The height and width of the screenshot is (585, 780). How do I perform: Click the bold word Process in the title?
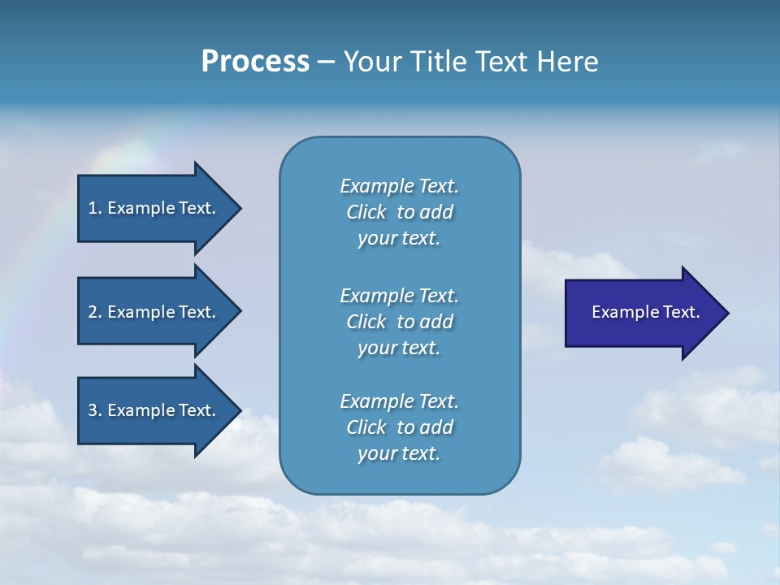point(255,62)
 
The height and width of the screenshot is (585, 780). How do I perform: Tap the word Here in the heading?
point(567,62)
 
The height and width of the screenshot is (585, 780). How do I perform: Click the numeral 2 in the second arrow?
point(92,312)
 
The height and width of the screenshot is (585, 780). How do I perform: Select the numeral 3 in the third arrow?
point(92,410)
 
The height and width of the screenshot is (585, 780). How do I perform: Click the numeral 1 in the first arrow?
point(92,208)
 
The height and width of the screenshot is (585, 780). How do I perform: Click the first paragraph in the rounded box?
point(399,212)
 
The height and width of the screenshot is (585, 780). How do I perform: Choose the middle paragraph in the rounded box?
point(399,321)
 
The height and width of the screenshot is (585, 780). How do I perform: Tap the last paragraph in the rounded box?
point(399,427)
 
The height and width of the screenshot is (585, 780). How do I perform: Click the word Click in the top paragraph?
point(366,212)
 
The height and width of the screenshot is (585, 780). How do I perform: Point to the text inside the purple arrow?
point(645,312)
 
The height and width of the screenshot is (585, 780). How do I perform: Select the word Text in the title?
point(500,62)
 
